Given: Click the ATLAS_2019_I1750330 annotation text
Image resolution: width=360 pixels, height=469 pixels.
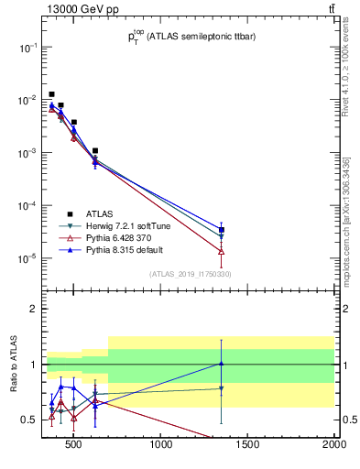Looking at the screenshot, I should [190, 274].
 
